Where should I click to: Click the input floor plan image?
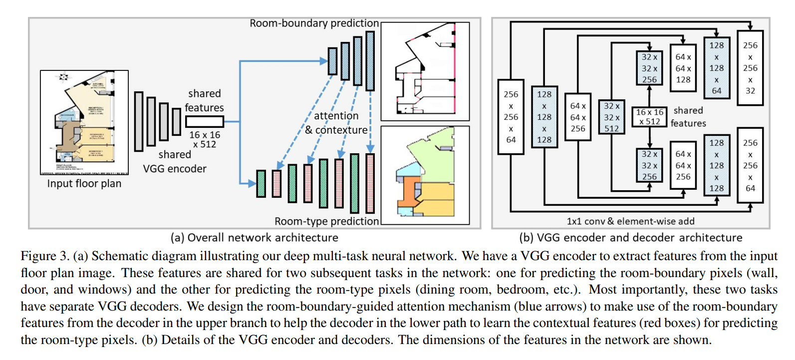click(84, 122)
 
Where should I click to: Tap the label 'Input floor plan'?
click(84, 184)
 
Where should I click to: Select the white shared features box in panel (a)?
click(205, 121)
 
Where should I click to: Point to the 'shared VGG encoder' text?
click(175, 162)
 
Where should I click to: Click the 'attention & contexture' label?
click(336, 123)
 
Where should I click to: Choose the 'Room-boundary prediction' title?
click(314, 23)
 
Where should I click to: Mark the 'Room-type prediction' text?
click(327, 221)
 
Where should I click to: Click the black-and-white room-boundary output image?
click(425, 71)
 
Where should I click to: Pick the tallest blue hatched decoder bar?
click(370, 60)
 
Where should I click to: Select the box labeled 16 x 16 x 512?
click(649, 117)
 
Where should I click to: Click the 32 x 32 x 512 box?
click(612, 117)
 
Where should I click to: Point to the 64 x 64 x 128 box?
click(683, 68)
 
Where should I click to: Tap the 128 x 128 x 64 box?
click(717, 68)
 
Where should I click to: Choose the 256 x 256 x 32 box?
click(750, 68)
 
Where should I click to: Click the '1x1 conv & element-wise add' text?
click(630, 221)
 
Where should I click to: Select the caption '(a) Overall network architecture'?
click(254, 238)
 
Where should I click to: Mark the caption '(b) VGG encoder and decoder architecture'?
click(631, 238)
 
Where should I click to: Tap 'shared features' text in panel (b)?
click(688, 117)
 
